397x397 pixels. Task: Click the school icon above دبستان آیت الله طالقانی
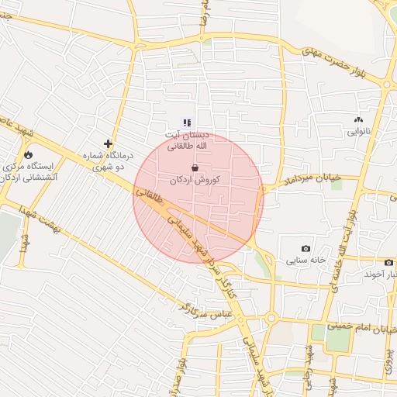point(186,122)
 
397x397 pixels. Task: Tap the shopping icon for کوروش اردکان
point(195,167)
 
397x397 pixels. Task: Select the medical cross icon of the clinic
point(109,143)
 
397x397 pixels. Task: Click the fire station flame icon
point(29,154)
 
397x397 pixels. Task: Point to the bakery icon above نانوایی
point(357,120)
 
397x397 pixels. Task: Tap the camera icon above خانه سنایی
point(306,249)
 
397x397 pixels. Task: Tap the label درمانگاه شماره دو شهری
point(109,161)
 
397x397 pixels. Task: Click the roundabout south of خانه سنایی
point(271,317)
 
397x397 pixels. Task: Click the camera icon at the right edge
point(388,263)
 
